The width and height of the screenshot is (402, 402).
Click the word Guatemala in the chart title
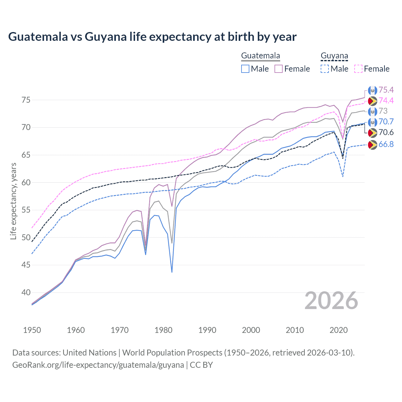(38, 37)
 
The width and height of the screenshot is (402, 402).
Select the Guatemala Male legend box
(245, 69)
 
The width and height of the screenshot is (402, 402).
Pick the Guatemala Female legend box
(279, 69)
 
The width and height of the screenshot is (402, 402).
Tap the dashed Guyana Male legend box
(325, 69)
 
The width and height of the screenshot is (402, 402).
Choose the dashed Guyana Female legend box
(358, 69)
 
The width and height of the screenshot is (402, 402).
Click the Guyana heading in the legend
(334, 56)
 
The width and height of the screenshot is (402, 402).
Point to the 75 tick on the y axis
(26, 100)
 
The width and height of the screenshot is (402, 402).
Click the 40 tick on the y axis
(26, 292)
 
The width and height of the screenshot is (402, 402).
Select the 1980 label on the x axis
(163, 330)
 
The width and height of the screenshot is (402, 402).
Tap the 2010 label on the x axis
(295, 330)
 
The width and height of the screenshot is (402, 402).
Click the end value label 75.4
(386, 90)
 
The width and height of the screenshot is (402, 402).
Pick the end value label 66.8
(386, 144)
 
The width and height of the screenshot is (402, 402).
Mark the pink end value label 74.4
(386, 100)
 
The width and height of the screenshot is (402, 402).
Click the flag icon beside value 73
(372, 111)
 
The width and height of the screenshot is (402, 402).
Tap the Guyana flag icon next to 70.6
(372, 133)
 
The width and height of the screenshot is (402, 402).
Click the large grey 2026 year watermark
(331, 301)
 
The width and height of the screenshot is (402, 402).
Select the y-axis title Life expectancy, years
(13, 201)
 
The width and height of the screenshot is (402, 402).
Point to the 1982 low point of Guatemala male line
(172, 272)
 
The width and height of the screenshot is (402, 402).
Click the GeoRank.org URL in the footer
(98, 365)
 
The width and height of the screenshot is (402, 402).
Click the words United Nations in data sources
(90, 353)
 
